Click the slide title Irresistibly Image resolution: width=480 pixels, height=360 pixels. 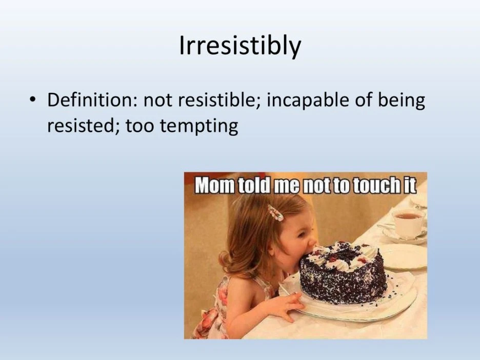(240, 46)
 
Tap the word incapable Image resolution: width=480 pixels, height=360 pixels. (307, 101)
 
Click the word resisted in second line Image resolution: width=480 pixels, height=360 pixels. (81, 126)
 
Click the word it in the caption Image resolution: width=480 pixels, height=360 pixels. (408, 186)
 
